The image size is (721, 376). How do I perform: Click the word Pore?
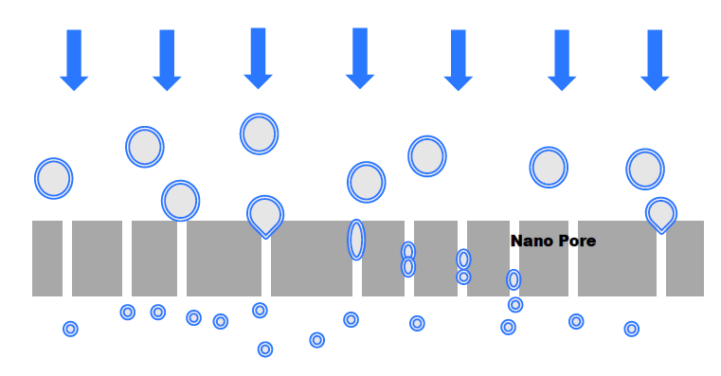pyautogui.click(x=576, y=242)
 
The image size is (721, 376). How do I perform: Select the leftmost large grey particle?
pyautogui.click(x=54, y=178)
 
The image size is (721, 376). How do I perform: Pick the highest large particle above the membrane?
pyautogui.click(x=259, y=134)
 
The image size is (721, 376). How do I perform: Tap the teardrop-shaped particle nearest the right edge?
pyautogui.click(x=661, y=214)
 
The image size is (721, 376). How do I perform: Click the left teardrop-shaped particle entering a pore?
pyautogui.click(x=265, y=215)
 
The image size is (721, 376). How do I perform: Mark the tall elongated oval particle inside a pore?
pyautogui.click(x=356, y=240)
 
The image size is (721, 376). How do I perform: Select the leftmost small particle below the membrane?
pyautogui.click(x=70, y=329)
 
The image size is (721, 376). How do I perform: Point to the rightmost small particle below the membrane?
pyautogui.click(x=632, y=329)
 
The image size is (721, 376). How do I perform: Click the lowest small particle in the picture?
pyautogui.click(x=265, y=349)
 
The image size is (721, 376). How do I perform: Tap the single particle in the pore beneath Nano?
pyautogui.click(x=514, y=279)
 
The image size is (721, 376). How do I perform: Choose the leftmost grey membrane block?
pyautogui.click(x=47, y=259)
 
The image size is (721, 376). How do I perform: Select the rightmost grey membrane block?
pyautogui.click(x=685, y=259)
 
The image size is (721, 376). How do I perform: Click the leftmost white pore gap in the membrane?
pyautogui.click(x=67, y=259)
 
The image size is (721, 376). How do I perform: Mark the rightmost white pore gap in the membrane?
pyautogui.click(x=661, y=265)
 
